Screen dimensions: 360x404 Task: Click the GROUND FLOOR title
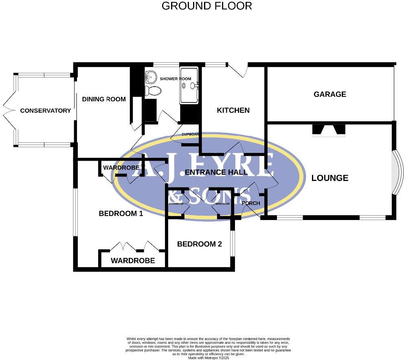[x=206, y=6]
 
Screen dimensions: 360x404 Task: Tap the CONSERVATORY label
[x=45, y=111]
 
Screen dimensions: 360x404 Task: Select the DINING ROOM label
[x=104, y=99]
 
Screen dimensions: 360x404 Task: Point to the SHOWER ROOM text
[x=175, y=79]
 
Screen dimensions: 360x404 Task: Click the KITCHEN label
[x=233, y=110]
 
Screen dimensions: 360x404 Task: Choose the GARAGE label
[x=329, y=94]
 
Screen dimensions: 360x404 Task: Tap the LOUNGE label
[x=329, y=178]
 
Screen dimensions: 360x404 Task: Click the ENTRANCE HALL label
[x=216, y=172]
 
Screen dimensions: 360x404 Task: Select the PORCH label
[x=250, y=203]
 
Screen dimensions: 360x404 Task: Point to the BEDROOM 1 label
[x=121, y=214]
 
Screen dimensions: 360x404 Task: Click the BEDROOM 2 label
[x=199, y=244]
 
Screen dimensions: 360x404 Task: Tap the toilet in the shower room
[x=152, y=90]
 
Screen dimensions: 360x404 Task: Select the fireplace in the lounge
[x=328, y=130]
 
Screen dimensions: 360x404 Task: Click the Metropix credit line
[x=208, y=358]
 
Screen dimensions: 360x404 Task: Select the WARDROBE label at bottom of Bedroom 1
[x=133, y=261]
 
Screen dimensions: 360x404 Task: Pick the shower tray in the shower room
[x=189, y=85]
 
